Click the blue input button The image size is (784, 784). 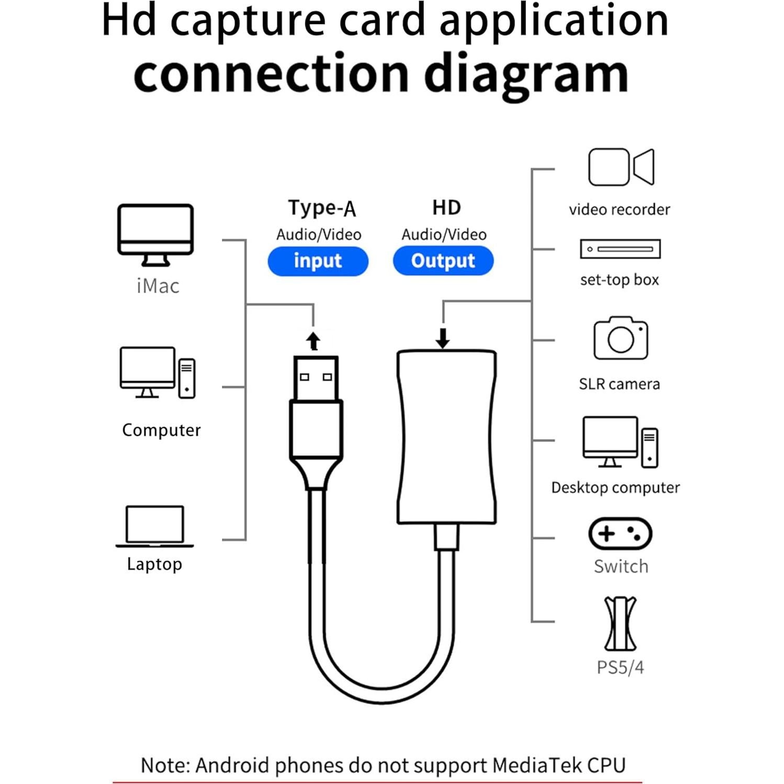318,261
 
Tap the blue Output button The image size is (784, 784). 443,261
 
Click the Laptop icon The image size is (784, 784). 154,526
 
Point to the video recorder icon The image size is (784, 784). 621,167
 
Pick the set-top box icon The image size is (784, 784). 620,249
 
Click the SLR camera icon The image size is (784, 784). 621,338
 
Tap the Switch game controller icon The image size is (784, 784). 620,534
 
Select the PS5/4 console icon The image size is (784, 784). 620,623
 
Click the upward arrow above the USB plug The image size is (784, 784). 313,341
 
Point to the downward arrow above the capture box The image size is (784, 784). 443,338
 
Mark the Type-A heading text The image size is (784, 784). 321,208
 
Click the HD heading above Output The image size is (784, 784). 446,208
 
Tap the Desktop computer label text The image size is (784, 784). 615,488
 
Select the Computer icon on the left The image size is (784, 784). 157,373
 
